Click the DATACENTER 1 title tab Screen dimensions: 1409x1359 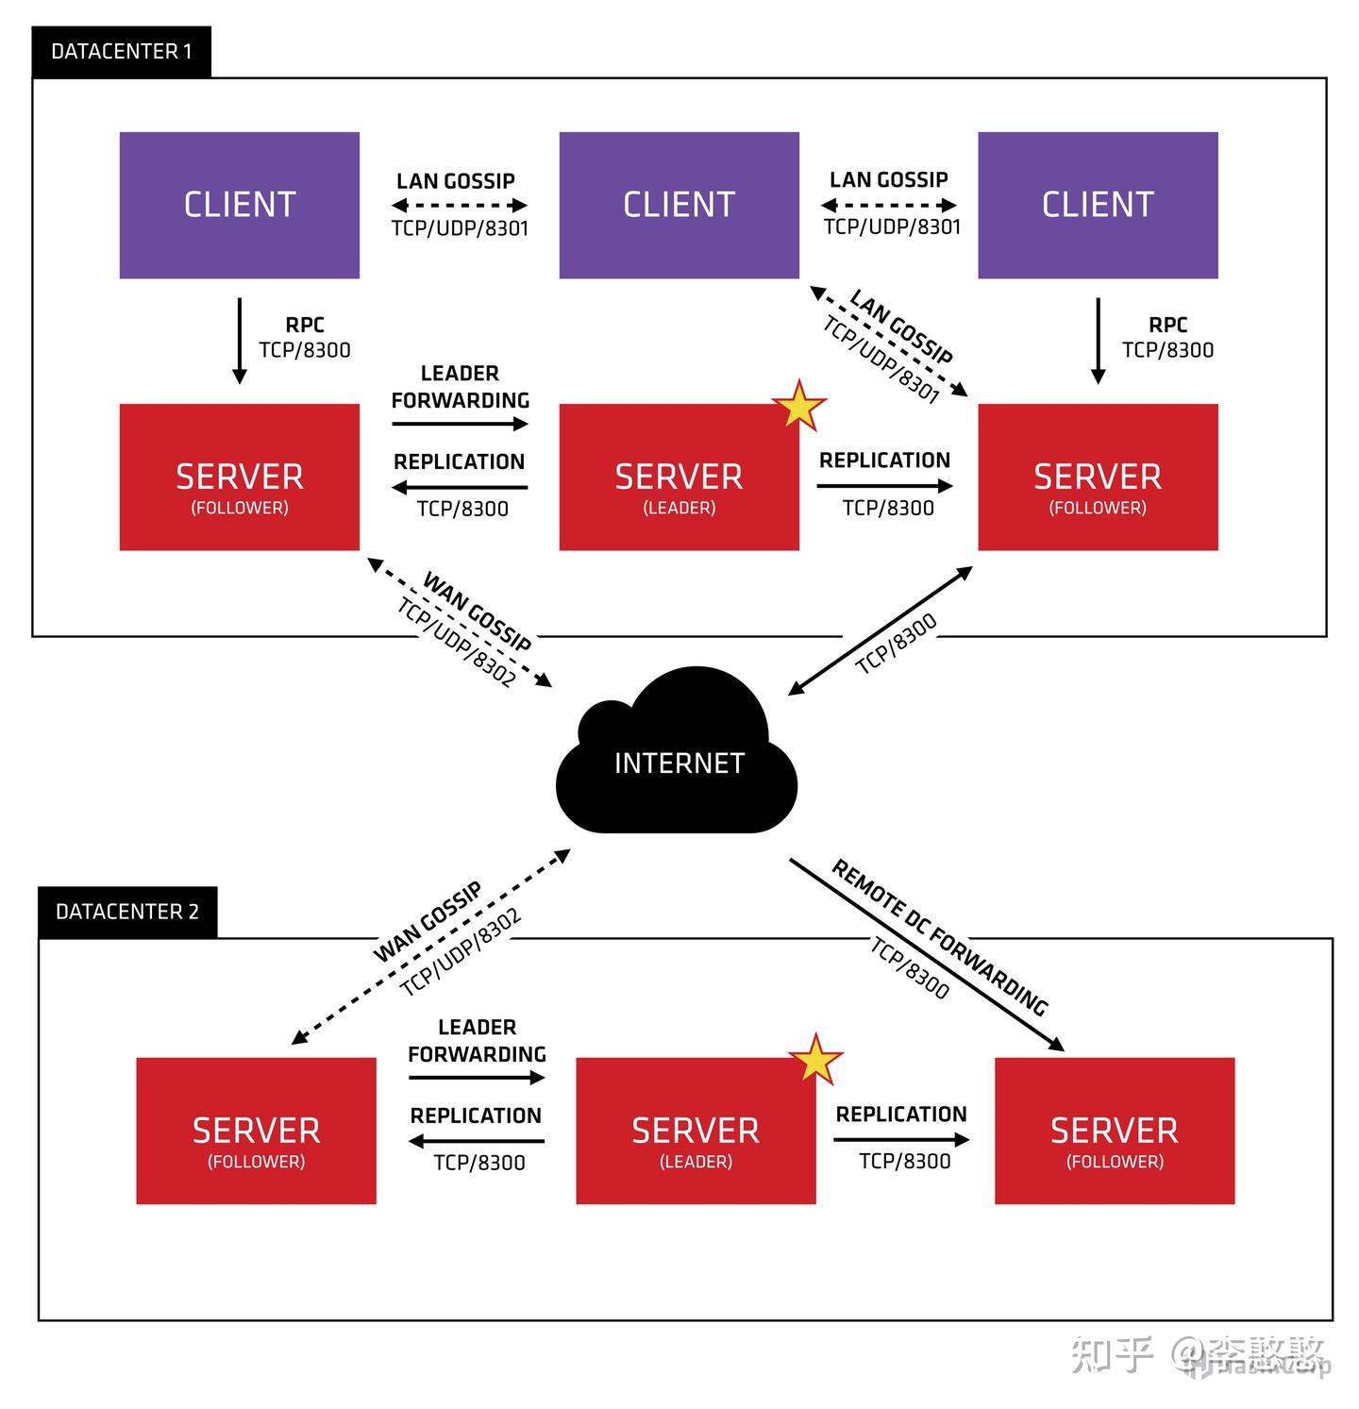[x=121, y=52]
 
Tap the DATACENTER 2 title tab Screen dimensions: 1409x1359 [x=127, y=912]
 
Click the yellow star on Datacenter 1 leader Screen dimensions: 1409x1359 [x=799, y=406]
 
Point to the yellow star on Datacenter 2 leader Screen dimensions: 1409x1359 [x=815, y=1059]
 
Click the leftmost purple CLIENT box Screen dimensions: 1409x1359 [x=240, y=205]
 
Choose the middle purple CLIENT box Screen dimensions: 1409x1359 [x=679, y=205]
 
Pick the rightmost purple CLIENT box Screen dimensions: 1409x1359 [x=1098, y=205]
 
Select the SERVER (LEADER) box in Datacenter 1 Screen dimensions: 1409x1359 [x=679, y=478]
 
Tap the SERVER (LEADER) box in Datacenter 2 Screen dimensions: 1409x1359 [x=696, y=1131]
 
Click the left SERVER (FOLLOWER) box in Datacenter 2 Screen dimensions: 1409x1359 [x=256, y=1131]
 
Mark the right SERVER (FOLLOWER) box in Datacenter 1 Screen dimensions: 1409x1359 [x=1098, y=478]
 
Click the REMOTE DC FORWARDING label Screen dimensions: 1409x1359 [x=940, y=936]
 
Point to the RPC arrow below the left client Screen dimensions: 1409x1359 [x=240, y=341]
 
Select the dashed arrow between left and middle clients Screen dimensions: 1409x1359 [x=460, y=205]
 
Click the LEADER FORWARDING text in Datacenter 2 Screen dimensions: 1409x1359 [x=477, y=1040]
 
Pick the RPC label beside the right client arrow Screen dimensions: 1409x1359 [x=1167, y=325]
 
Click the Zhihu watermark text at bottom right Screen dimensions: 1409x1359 [x=1199, y=1354]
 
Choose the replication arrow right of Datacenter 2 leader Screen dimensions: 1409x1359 [x=901, y=1139]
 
